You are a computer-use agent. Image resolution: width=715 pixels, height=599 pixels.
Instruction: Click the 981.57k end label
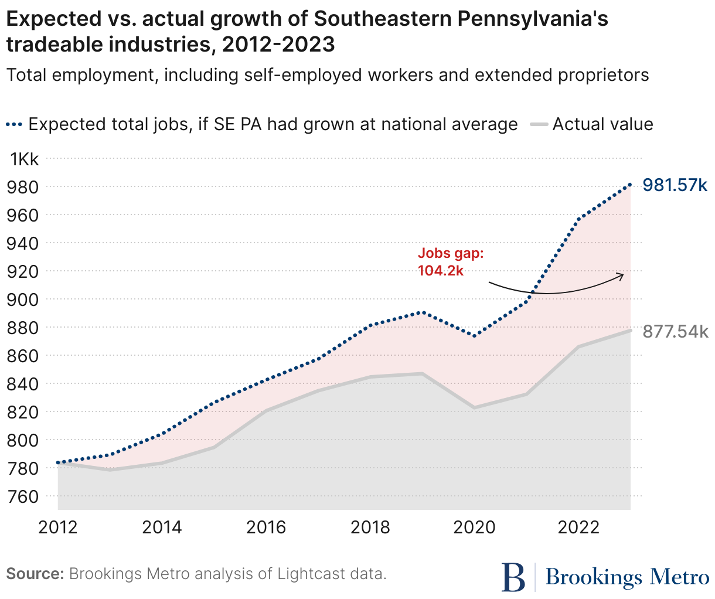click(x=675, y=185)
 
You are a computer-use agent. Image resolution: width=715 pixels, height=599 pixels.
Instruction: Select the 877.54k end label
click(x=675, y=331)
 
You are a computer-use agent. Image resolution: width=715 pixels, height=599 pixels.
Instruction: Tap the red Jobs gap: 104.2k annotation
click(x=451, y=261)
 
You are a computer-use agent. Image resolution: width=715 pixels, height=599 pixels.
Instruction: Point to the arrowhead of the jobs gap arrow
click(x=622, y=274)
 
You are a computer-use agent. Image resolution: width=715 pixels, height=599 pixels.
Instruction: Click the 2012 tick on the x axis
click(x=58, y=527)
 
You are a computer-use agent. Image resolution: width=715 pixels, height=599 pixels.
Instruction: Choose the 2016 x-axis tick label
click(x=266, y=527)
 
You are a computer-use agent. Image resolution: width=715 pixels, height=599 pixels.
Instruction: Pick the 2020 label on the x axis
click(x=475, y=527)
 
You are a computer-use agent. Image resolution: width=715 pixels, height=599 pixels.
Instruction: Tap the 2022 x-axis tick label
click(x=578, y=527)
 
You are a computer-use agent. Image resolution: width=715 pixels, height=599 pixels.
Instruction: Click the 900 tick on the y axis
click(x=22, y=299)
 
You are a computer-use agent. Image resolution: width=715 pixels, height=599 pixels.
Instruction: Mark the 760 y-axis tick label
click(x=22, y=496)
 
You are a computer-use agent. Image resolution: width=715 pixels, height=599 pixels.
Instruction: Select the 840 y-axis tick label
click(x=22, y=384)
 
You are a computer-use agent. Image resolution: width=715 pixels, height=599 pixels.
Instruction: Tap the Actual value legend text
click(x=602, y=125)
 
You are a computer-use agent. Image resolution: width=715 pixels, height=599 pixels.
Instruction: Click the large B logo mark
click(x=514, y=577)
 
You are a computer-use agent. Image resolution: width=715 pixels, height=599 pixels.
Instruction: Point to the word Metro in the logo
click(x=679, y=577)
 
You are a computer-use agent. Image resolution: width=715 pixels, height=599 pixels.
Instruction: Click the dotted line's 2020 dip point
click(x=475, y=336)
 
